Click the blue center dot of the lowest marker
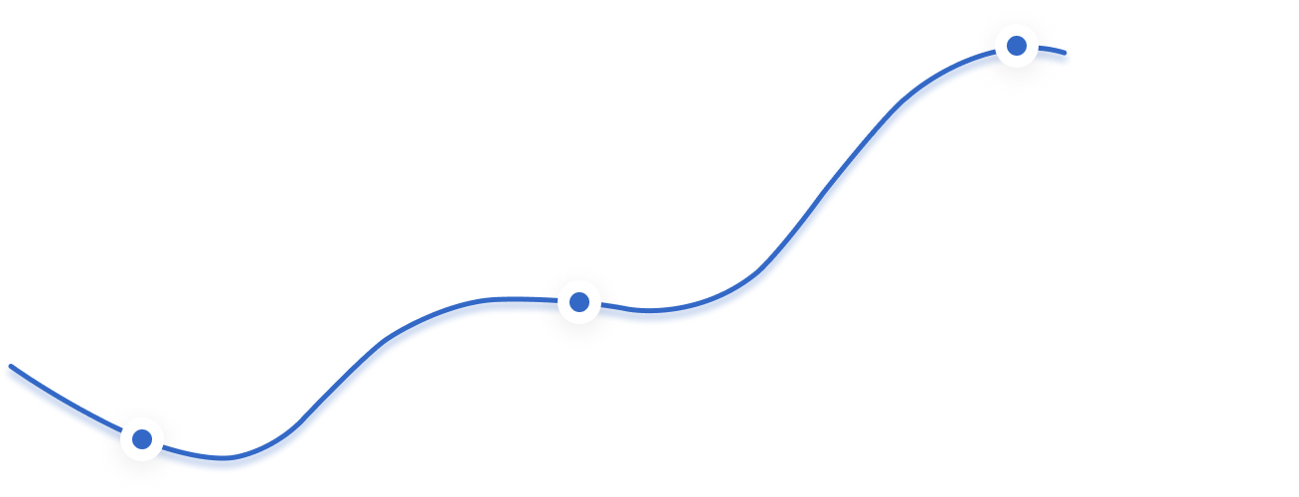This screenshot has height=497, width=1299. [x=142, y=438]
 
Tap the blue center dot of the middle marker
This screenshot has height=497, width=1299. [x=578, y=301]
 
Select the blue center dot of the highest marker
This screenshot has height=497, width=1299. [x=1017, y=46]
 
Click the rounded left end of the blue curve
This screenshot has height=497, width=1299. [x=12, y=373]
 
